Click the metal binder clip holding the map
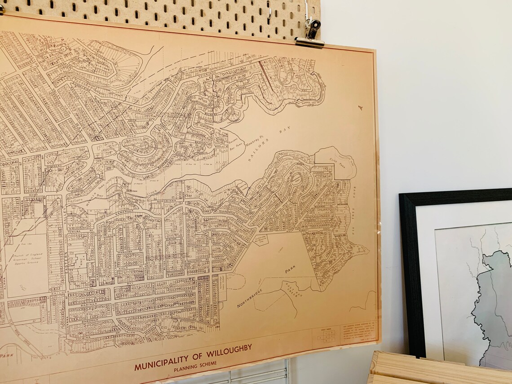310,34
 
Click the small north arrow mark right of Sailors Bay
360,108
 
